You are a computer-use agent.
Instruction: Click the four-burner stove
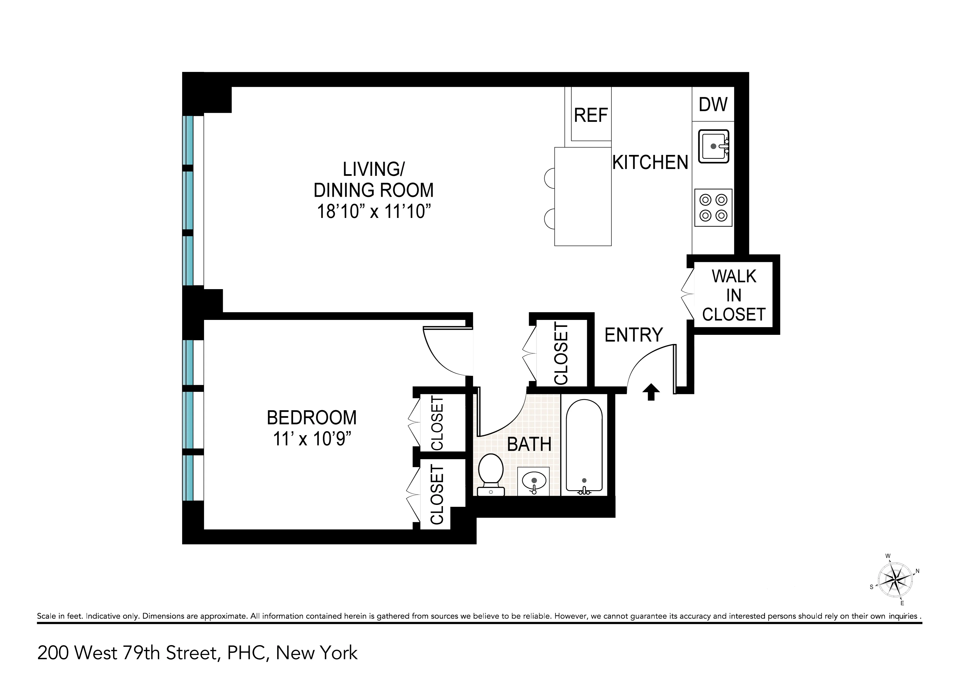click(x=713, y=208)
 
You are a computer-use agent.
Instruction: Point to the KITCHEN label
click(x=650, y=163)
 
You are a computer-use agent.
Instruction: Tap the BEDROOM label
click(x=312, y=418)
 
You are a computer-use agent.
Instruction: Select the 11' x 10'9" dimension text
click(x=312, y=439)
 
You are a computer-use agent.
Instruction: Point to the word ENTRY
click(x=633, y=335)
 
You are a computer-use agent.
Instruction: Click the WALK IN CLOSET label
click(x=734, y=295)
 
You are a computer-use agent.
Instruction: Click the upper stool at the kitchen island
click(x=550, y=178)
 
